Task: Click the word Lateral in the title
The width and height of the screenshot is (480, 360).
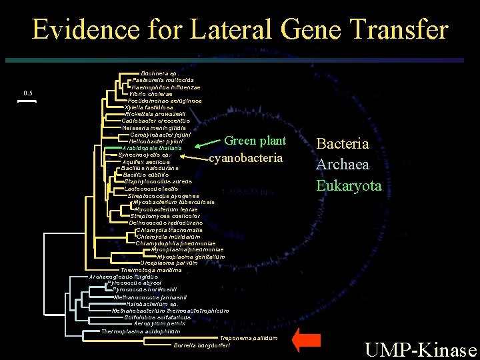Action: [219, 30]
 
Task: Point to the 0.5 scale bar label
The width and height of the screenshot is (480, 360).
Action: [28, 93]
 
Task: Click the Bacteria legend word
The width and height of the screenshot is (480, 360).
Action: [342, 143]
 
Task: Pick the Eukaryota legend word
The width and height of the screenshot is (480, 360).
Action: [349, 185]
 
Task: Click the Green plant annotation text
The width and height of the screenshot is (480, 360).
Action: [255, 141]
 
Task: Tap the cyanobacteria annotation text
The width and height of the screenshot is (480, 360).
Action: [246, 158]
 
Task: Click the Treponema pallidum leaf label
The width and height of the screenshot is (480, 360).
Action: [248, 339]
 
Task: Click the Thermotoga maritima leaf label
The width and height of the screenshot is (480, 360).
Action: [151, 269]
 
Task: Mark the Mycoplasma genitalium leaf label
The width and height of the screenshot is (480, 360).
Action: [191, 257]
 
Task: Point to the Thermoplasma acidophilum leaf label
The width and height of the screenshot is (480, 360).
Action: [141, 331]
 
